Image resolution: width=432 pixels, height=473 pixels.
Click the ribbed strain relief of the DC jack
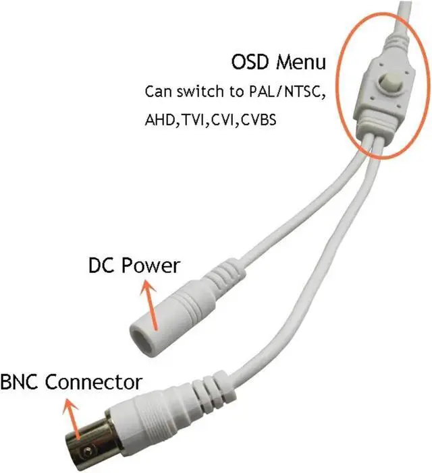pyautogui.click(x=217, y=277)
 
